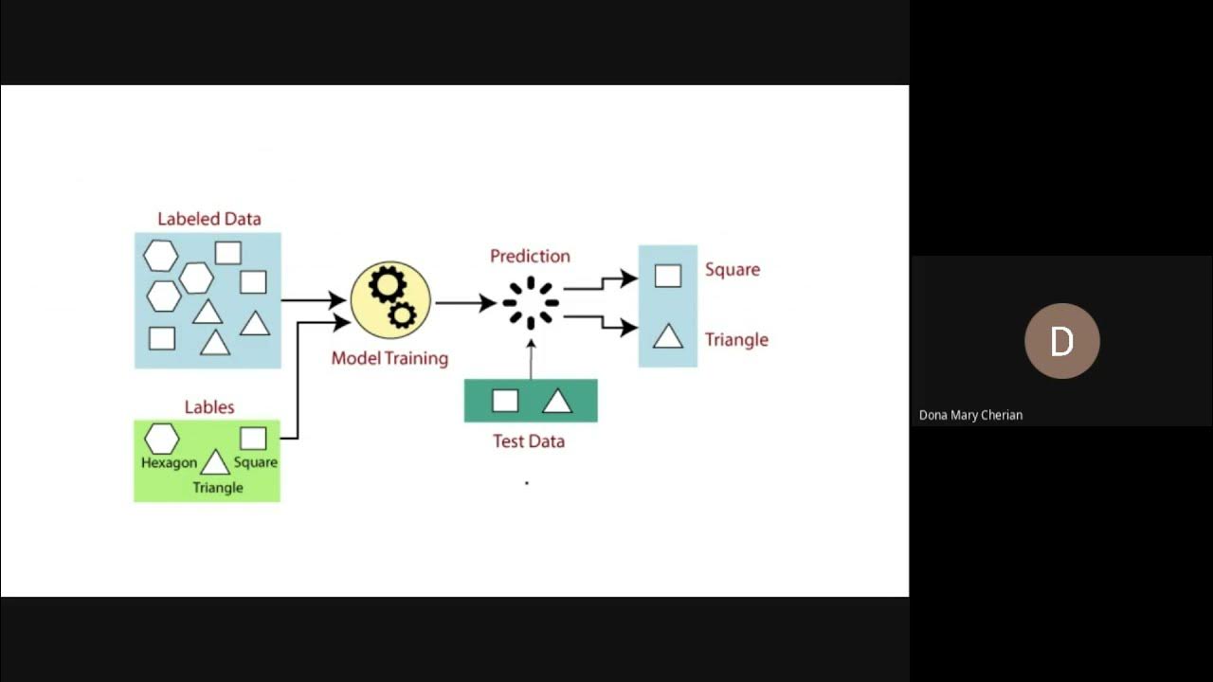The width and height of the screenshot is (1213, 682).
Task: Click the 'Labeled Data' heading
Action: click(208, 219)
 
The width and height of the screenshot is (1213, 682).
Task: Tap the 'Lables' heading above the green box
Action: click(208, 407)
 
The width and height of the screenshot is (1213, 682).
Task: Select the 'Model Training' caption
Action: click(389, 358)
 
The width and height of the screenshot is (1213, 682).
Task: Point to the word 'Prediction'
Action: click(530, 256)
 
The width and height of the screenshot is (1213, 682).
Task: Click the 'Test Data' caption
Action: click(529, 440)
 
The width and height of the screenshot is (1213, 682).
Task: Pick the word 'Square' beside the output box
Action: click(733, 269)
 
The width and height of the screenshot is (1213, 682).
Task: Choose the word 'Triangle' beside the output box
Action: click(736, 339)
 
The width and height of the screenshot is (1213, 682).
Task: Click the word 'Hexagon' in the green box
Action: click(169, 463)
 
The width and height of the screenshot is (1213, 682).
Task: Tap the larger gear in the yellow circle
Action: click(387, 284)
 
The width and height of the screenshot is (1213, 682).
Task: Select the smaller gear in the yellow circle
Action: click(403, 314)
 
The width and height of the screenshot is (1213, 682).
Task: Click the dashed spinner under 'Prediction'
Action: click(531, 303)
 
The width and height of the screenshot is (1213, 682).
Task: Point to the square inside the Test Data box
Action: click(505, 401)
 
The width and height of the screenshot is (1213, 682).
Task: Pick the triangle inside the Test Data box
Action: click(557, 402)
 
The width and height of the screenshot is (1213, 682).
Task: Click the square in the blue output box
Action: click(668, 276)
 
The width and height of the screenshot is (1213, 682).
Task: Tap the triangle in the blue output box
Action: click(668, 336)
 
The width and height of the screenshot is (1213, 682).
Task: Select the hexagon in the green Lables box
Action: click(161, 439)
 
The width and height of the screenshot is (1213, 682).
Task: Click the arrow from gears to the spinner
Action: click(465, 303)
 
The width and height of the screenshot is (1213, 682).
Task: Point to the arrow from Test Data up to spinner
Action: click(531, 359)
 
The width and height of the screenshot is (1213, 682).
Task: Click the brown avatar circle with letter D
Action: click(1061, 341)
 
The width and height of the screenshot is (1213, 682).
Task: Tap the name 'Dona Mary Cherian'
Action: click(970, 415)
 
